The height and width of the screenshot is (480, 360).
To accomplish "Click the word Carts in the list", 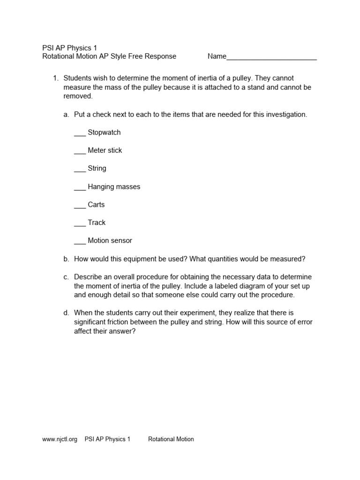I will pos(96,205).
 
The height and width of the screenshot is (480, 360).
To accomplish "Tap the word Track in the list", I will pos(97,223).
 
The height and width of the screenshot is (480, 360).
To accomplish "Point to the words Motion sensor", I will pos(110,240).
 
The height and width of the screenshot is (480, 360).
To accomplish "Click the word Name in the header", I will pos(217,56).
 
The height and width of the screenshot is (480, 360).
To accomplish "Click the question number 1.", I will pos(55,78).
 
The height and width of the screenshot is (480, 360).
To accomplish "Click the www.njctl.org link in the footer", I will pos(60,439).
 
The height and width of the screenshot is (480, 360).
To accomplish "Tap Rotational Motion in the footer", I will pos(171,439).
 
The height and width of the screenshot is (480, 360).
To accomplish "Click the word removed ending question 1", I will pos(78,96).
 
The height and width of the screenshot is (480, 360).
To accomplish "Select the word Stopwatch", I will pos(104,133).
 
